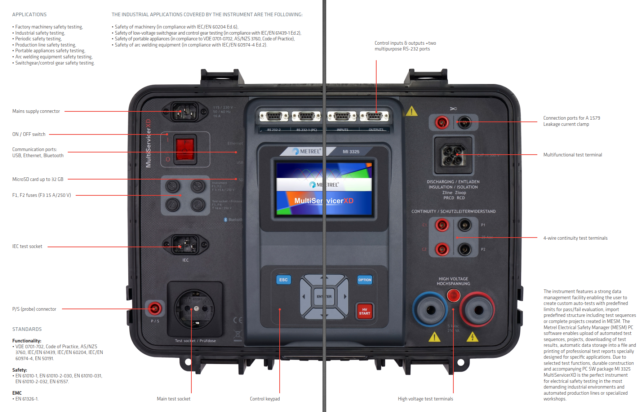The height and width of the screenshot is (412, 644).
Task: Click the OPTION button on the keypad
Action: pos(364,280)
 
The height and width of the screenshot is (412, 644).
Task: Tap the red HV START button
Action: pos(364,311)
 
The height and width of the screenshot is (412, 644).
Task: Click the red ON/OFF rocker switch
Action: pos(185,149)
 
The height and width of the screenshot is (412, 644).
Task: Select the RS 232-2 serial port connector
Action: pos(274,116)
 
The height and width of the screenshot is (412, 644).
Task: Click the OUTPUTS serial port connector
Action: pos(374,116)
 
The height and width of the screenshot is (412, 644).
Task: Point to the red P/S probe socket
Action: pos(155,308)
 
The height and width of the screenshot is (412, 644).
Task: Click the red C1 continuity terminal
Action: pos(441,225)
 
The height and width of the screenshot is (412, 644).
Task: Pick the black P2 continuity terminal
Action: pos(465,249)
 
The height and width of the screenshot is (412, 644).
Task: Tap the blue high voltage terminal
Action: pos(430,309)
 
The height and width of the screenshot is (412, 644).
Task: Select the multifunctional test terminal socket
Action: pos(453,155)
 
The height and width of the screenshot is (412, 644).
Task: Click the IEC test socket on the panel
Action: pos(185,245)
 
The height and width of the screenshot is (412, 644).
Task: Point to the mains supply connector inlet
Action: pos(185,112)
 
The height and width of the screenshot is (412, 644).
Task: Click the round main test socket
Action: pos(194,309)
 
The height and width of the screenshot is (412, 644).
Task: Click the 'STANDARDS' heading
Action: pos(27,329)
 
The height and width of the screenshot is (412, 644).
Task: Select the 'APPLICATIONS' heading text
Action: pos(29,14)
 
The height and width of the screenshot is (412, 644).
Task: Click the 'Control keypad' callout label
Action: pos(265,399)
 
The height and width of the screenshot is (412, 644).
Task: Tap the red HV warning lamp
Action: pos(453,296)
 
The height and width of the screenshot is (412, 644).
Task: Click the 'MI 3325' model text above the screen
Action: pos(351,152)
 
